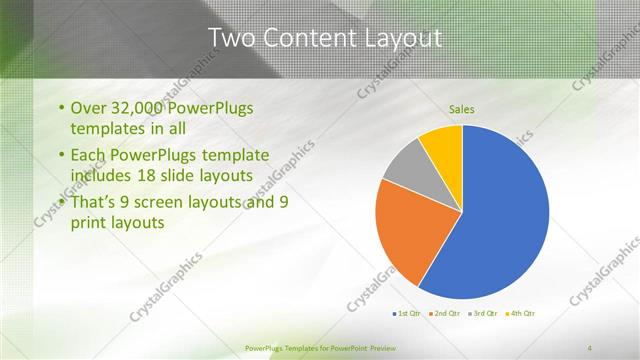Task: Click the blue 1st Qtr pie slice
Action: (505, 220)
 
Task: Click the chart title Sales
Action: (461, 109)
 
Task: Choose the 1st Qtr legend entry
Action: (408, 314)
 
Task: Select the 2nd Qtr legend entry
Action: (446, 314)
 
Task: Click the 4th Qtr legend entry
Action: (522, 314)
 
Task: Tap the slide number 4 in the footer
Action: (589, 348)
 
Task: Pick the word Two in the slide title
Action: (227, 39)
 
